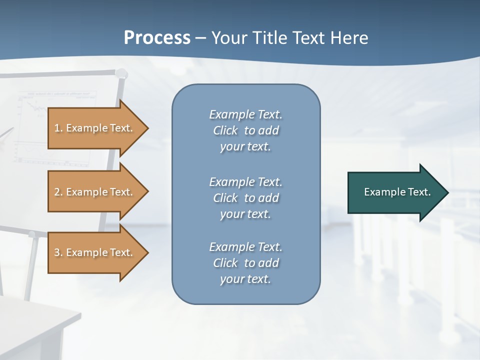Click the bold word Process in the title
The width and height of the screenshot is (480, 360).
coord(157,38)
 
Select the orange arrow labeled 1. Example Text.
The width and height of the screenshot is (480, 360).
coord(95,128)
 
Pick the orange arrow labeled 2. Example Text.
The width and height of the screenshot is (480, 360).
coord(95,192)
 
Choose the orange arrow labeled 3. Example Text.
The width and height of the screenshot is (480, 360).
coord(95,252)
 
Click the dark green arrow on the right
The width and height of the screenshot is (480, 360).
coord(395,192)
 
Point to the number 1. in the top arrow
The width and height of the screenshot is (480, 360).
coord(58,128)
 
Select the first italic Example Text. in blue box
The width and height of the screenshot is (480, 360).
coord(246,114)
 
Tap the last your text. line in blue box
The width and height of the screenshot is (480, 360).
coord(245,279)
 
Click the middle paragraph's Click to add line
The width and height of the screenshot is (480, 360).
coord(246,198)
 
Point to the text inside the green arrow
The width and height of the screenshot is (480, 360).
coord(397,192)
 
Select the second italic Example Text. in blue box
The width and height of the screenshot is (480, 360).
coord(246,181)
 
